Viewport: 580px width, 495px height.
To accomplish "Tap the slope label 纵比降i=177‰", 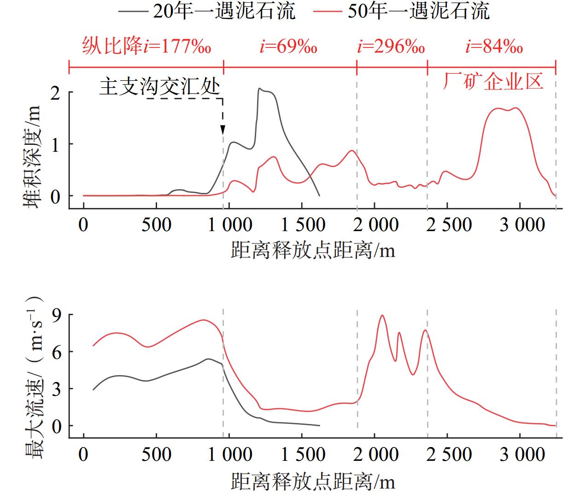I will (146, 47).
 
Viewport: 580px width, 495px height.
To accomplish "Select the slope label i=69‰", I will (288, 47).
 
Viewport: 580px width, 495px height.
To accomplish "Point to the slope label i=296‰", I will (391, 47).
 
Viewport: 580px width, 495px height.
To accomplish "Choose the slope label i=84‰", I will (494, 47).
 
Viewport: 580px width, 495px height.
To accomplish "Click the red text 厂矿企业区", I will (493, 81).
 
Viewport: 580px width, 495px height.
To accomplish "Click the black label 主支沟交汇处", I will (159, 86).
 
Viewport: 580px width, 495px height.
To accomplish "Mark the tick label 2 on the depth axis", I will (55, 93).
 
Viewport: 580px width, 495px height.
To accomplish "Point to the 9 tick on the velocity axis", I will (57, 315).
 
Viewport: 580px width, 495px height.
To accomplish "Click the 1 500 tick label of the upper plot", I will (303, 225).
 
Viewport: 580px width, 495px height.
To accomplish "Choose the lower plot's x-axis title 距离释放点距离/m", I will (313, 483).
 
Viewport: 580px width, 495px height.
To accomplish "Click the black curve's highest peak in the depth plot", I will (259, 89).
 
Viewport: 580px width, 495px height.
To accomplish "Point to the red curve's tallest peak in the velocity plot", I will (382, 316).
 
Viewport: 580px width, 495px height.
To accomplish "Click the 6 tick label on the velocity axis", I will (57, 352).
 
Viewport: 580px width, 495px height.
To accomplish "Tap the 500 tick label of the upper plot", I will (157, 225).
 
